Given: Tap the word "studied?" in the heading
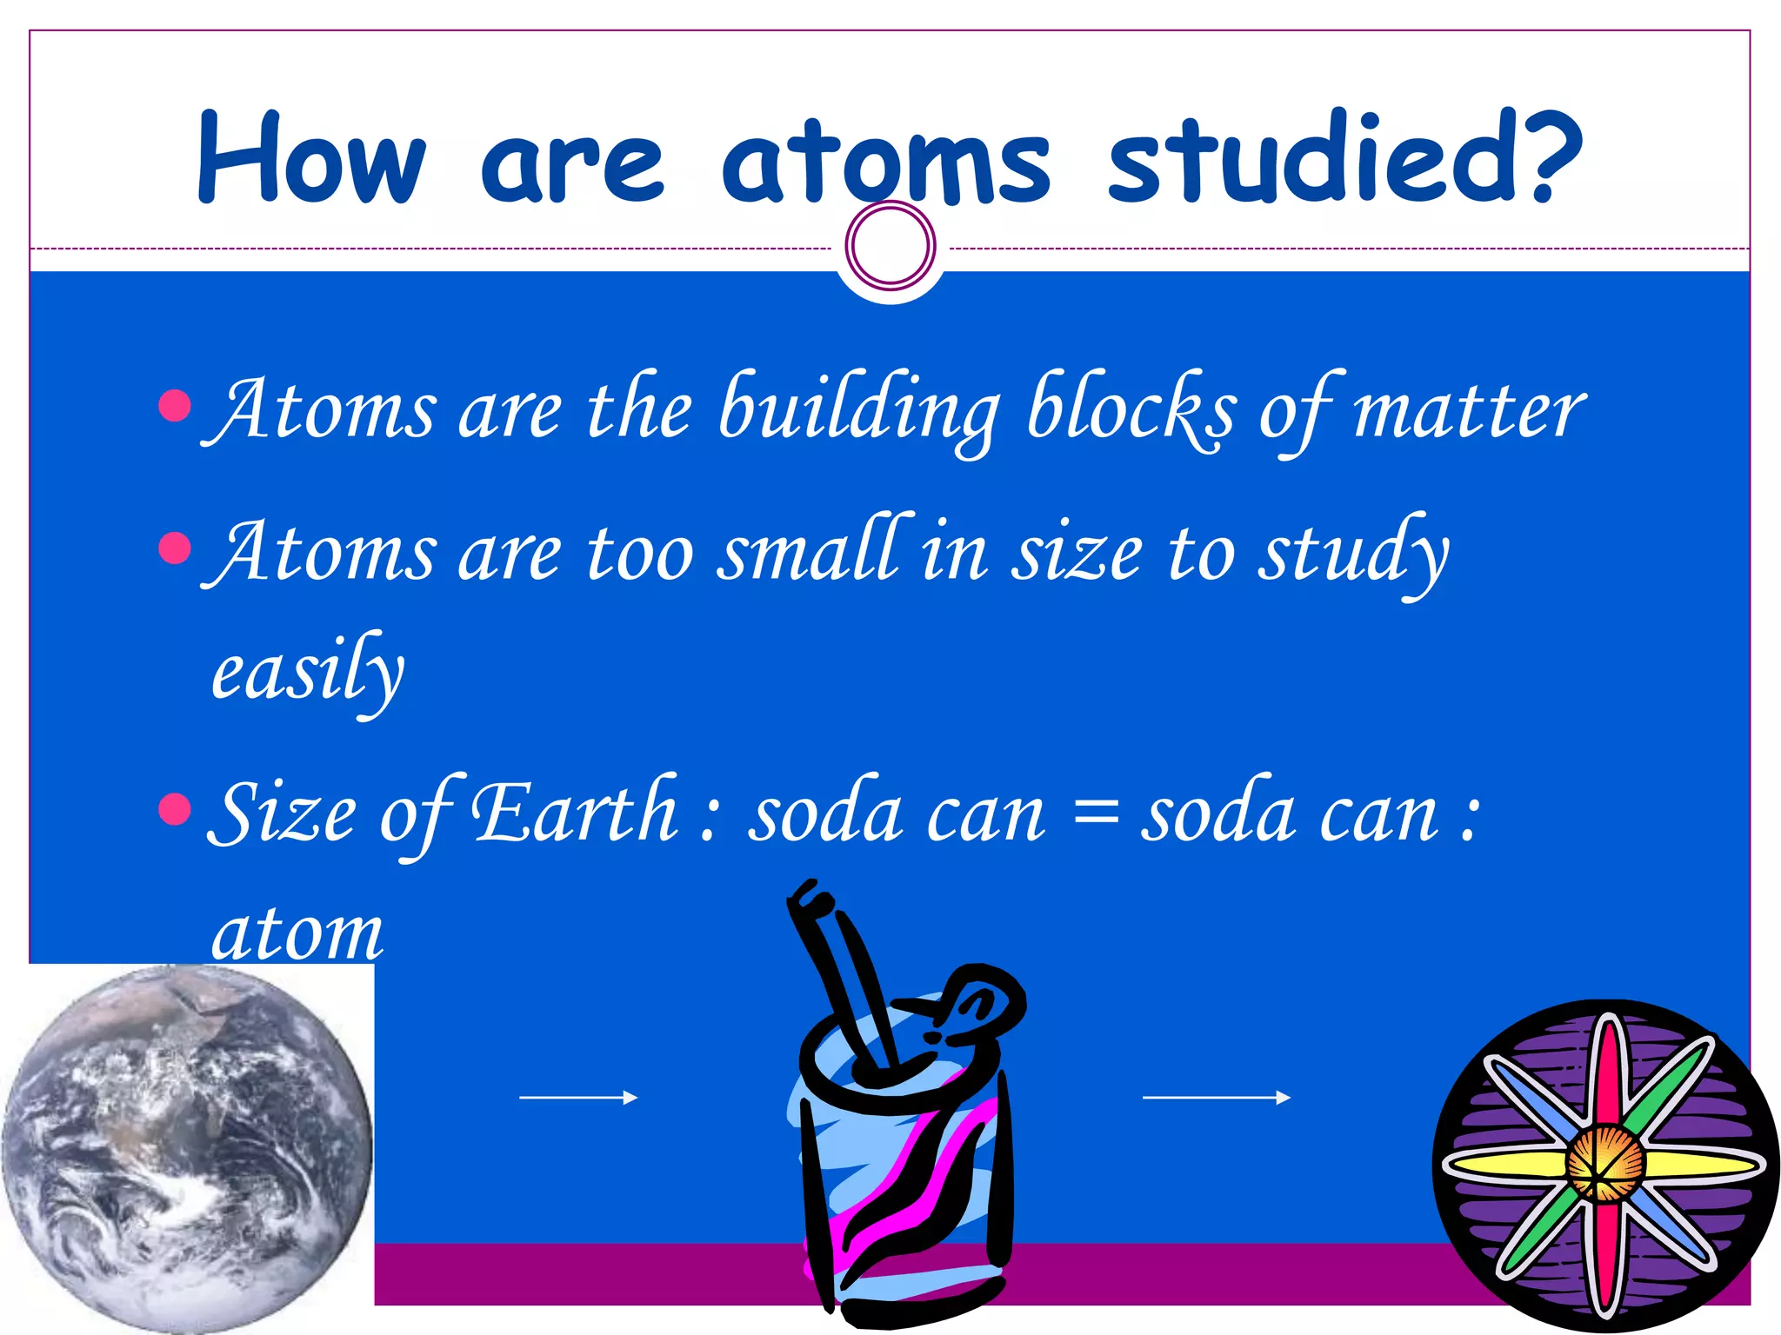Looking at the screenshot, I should point(1344,159).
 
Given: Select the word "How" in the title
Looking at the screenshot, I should point(311,160).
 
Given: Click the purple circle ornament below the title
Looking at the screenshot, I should point(890,246).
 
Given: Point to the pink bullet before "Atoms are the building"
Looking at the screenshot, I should point(176,405).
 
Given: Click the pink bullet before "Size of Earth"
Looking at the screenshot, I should point(176,809).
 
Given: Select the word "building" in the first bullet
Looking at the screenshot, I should point(859,409).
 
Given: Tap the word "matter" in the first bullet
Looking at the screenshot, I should point(1469,409).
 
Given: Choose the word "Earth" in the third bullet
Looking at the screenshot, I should point(575,812).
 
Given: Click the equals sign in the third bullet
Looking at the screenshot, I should point(1094,817).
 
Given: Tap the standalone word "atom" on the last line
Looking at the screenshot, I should point(297,933).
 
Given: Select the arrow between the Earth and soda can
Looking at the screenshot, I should point(577,1098).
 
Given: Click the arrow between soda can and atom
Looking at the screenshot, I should point(1215,1098).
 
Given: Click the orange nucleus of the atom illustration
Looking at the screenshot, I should point(1605,1163).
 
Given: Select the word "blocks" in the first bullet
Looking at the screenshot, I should point(1131,409).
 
